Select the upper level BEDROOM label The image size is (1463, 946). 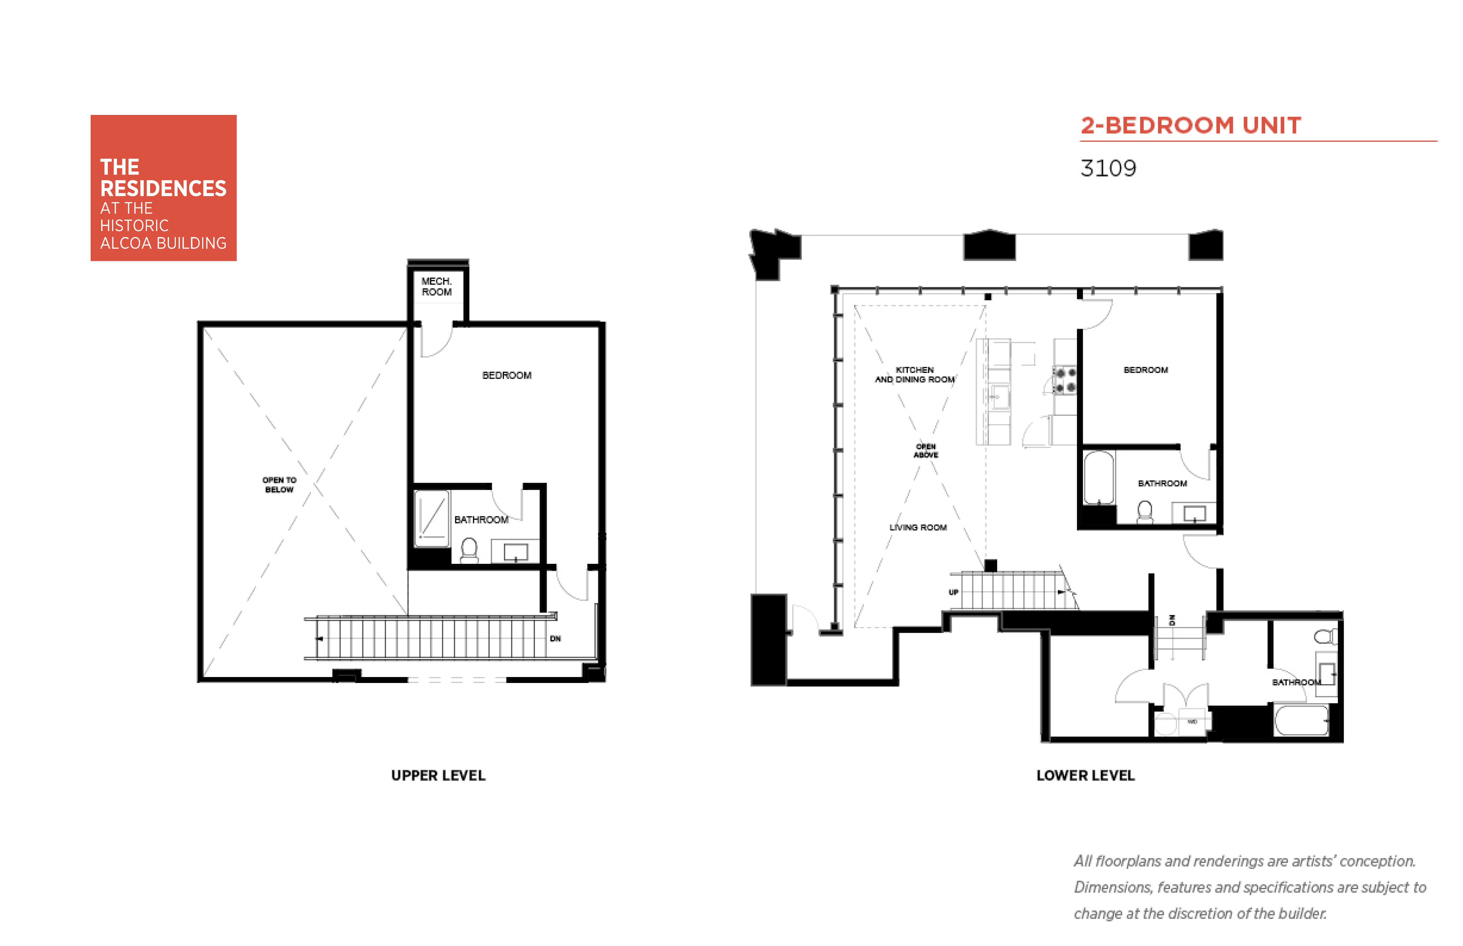click(507, 375)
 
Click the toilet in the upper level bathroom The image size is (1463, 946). click(469, 550)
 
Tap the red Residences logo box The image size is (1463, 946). click(163, 188)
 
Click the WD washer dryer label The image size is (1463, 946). click(1192, 722)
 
